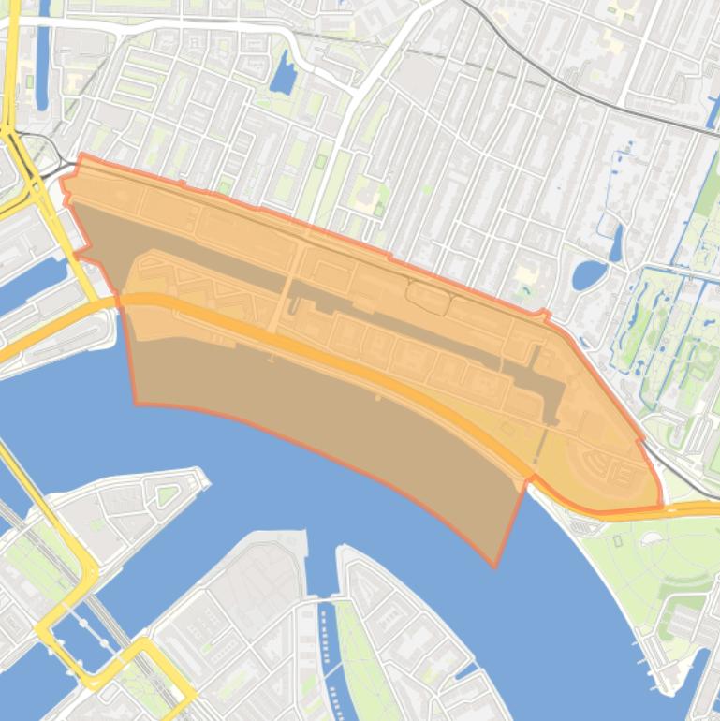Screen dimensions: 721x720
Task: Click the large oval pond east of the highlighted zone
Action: click(x=589, y=274)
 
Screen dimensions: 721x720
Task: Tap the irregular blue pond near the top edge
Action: click(x=282, y=74)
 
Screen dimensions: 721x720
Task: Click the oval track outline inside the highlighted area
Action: click(x=428, y=297)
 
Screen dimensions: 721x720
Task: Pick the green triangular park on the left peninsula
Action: click(x=168, y=494)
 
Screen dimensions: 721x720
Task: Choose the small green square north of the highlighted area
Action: click(x=321, y=162)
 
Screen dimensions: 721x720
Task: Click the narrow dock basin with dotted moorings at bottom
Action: click(x=327, y=646)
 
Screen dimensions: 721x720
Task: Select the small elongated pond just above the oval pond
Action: click(x=615, y=242)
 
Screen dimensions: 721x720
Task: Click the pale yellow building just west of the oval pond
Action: click(x=525, y=276)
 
